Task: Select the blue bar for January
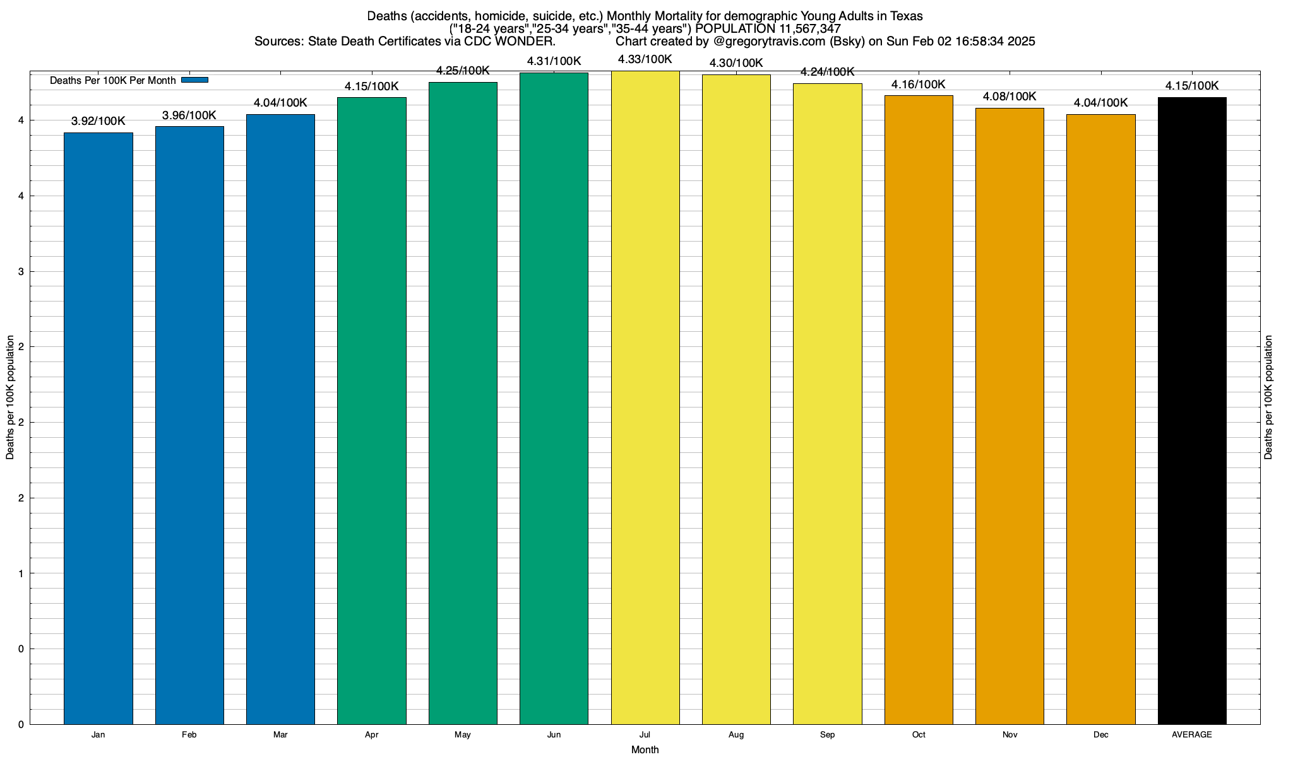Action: (98, 428)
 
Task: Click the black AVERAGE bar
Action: (1192, 411)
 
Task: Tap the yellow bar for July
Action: (645, 397)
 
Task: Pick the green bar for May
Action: (463, 403)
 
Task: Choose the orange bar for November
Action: (1010, 416)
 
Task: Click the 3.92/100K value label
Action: (98, 121)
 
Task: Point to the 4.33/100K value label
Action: (645, 59)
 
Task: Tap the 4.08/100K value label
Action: (1010, 97)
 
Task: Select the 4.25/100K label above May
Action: (463, 71)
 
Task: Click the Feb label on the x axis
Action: (189, 735)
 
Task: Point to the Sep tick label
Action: (827, 735)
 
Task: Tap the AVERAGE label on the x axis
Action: (1192, 735)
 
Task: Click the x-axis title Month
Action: (645, 750)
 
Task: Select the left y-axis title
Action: (10, 397)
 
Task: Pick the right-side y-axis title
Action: (1268, 397)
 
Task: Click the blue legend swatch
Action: (194, 80)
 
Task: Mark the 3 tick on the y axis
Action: (21, 272)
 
